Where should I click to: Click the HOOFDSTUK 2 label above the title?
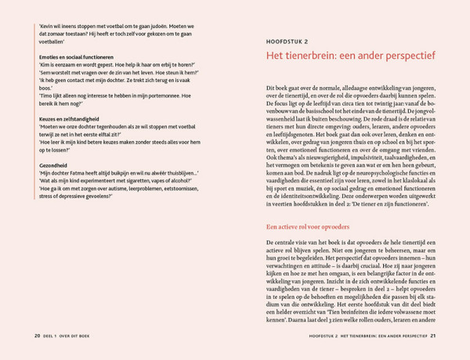tap(287, 41)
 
